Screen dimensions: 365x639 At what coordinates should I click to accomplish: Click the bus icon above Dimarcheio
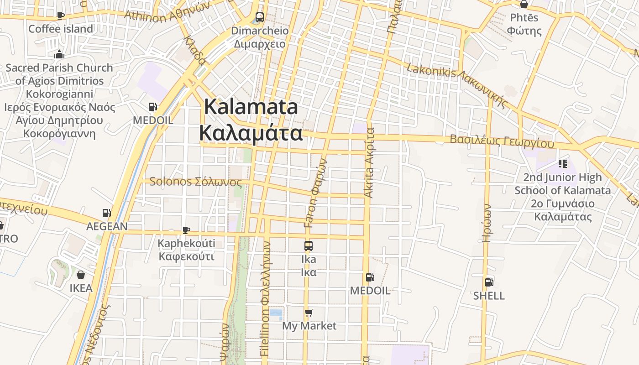[259, 17]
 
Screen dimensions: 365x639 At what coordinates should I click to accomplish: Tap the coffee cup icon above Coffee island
[60, 16]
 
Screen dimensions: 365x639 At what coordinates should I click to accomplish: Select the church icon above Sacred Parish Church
[59, 54]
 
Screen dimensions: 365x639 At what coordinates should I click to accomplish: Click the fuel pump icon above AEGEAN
[106, 213]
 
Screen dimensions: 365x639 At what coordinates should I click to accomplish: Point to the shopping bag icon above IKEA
[81, 274]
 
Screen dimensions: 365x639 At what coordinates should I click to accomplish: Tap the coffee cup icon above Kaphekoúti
[186, 229]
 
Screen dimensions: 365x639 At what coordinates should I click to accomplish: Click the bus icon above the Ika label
[309, 245]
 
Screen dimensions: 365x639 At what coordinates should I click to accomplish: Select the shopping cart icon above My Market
[309, 313]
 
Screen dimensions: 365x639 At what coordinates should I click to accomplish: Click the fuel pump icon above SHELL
[489, 282]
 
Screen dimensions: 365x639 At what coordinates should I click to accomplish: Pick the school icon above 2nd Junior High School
[562, 163]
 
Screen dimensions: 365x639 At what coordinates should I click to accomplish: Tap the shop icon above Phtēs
[524, 4]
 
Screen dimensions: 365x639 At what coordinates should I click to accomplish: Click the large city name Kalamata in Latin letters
[251, 107]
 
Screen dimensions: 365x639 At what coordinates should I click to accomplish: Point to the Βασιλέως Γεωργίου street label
[502, 141]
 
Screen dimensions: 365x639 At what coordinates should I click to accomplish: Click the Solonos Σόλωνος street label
[195, 182]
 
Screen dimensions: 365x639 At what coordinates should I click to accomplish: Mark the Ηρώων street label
[487, 222]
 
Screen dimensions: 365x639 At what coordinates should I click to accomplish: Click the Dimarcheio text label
[260, 31]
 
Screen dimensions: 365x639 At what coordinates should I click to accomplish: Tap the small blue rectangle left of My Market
[276, 313]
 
